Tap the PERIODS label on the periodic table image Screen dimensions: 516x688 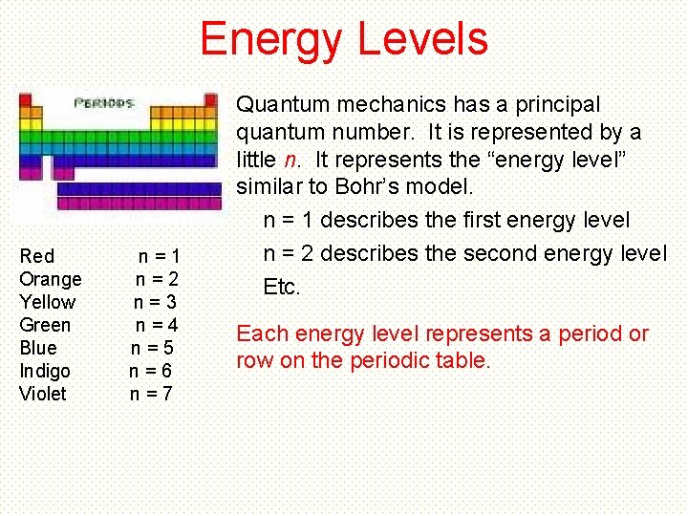coord(104,102)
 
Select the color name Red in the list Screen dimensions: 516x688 coord(37,256)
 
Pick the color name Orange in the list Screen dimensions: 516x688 coord(51,279)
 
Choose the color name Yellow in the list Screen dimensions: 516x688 coord(48,302)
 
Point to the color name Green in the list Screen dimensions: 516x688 coord(45,325)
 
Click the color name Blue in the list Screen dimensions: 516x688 coord(38,348)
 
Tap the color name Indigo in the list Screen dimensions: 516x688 coord(45,371)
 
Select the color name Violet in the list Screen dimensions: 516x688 coord(43,394)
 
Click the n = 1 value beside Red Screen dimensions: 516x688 coord(159,256)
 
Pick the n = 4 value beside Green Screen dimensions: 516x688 coord(157,325)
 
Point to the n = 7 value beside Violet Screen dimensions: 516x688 coord(151,394)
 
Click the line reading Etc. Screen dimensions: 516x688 coord(282,287)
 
